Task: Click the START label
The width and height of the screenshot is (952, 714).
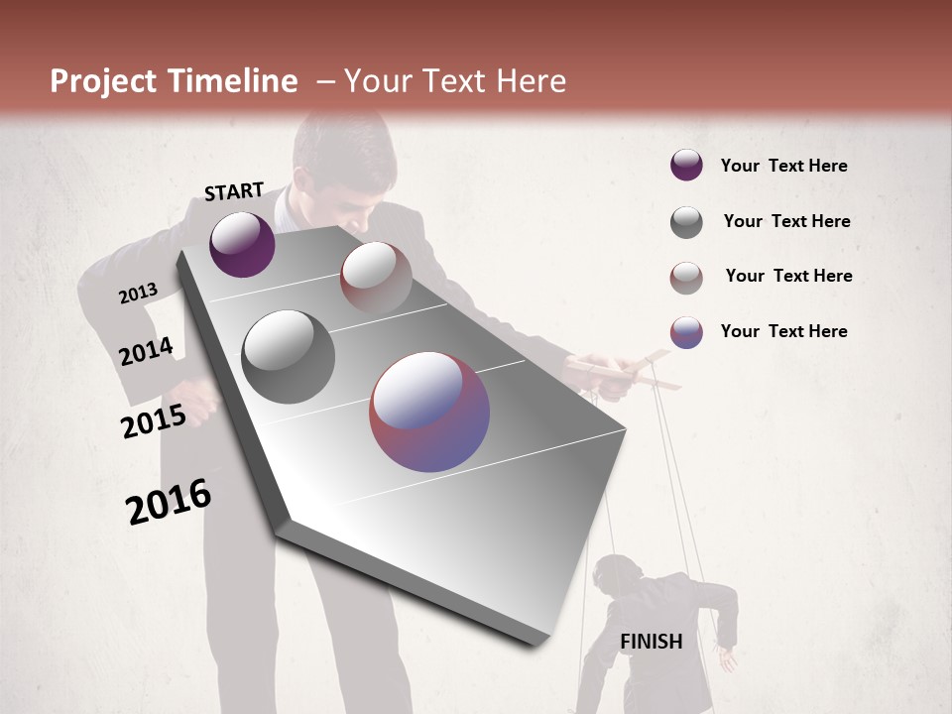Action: click(x=234, y=191)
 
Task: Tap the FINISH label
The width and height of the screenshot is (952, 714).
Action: click(x=652, y=642)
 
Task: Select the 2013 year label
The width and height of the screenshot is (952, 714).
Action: click(x=139, y=294)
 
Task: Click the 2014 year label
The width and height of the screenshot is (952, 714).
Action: click(x=146, y=352)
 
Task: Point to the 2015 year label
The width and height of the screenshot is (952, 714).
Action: click(x=154, y=421)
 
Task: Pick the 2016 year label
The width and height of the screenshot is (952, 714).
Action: click(x=169, y=502)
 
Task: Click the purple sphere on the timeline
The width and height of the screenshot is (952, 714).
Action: click(x=242, y=244)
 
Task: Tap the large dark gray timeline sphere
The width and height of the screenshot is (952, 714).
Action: click(x=289, y=357)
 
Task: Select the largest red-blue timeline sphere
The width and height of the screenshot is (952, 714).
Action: click(x=429, y=412)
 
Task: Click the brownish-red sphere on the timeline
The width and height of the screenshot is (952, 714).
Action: click(x=376, y=278)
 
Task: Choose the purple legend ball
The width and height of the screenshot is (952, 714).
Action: click(x=686, y=166)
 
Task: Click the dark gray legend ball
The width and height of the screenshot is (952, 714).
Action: click(x=686, y=222)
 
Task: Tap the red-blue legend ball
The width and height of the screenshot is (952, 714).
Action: click(x=686, y=332)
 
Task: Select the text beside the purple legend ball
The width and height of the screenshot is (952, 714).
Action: click(x=783, y=166)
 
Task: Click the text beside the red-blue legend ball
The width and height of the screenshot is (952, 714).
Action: click(x=783, y=331)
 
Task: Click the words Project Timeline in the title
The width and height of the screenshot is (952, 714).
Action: click(x=174, y=81)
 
